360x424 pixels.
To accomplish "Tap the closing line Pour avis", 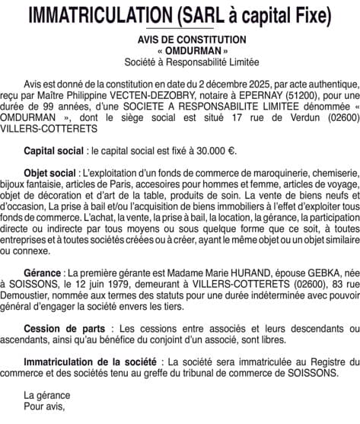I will coord(45,407).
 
